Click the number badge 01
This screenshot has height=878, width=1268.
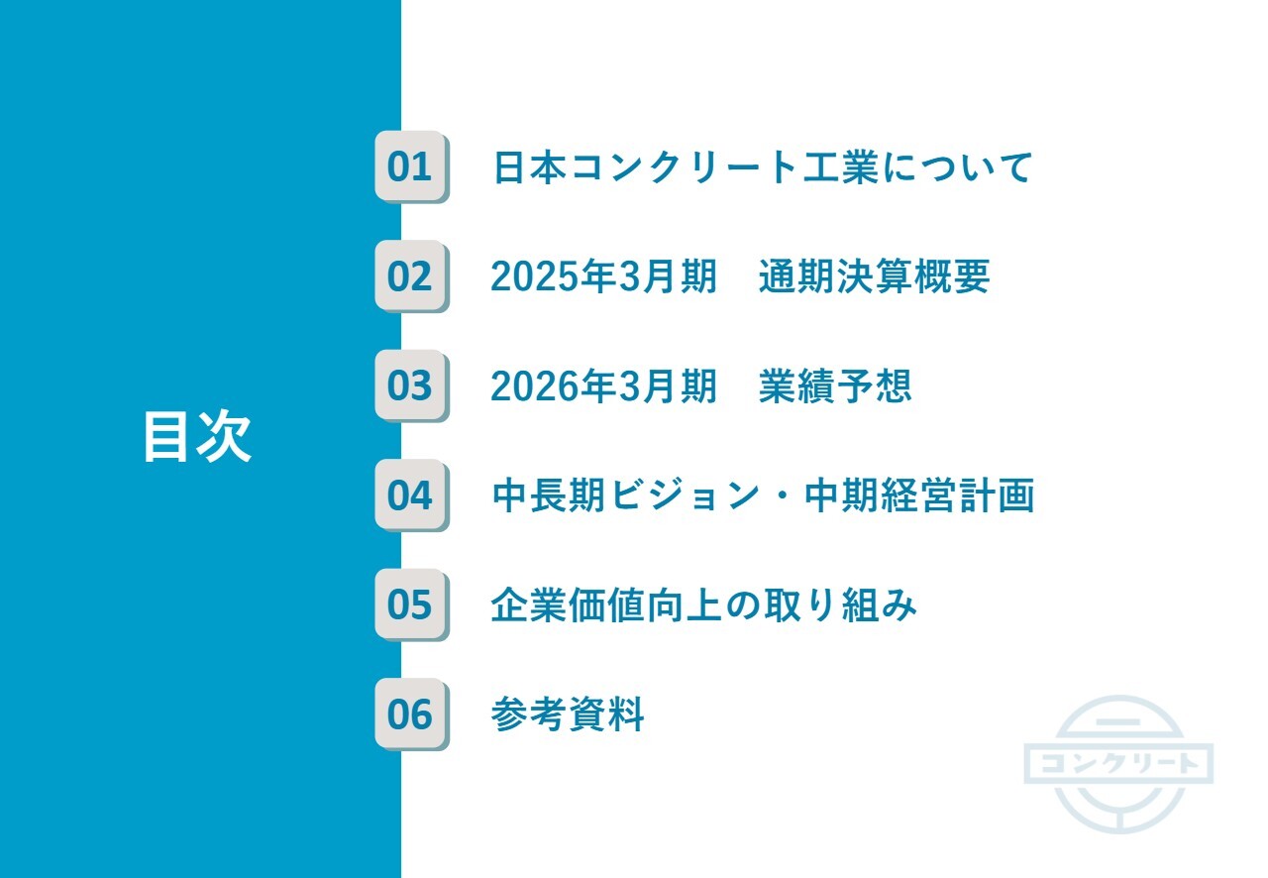click(x=410, y=166)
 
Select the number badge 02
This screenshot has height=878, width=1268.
click(x=410, y=276)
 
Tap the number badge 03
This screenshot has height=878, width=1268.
click(x=410, y=385)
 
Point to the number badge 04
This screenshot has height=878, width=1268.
click(x=410, y=494)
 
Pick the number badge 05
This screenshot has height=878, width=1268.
click(x=410, y=604)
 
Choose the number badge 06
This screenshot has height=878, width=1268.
click(x=410, y=713)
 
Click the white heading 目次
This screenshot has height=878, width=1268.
click(x=196, y=437)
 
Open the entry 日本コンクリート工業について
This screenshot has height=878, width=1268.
click(x=763, y=167)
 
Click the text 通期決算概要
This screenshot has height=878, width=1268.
click(x=874, y=277)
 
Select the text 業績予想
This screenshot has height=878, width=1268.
click(x=834, y=386)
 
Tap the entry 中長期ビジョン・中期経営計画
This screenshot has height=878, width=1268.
click(x=763, y=495)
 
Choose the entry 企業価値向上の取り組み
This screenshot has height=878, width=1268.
click(x=703, y=604)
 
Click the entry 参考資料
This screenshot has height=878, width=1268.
click(x=568, y=714)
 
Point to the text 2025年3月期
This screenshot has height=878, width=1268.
click(x=603, y=277)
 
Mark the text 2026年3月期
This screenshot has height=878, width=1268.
click(x=603, y=386)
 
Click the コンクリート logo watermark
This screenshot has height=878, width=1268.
click(x=1118, y=763)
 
